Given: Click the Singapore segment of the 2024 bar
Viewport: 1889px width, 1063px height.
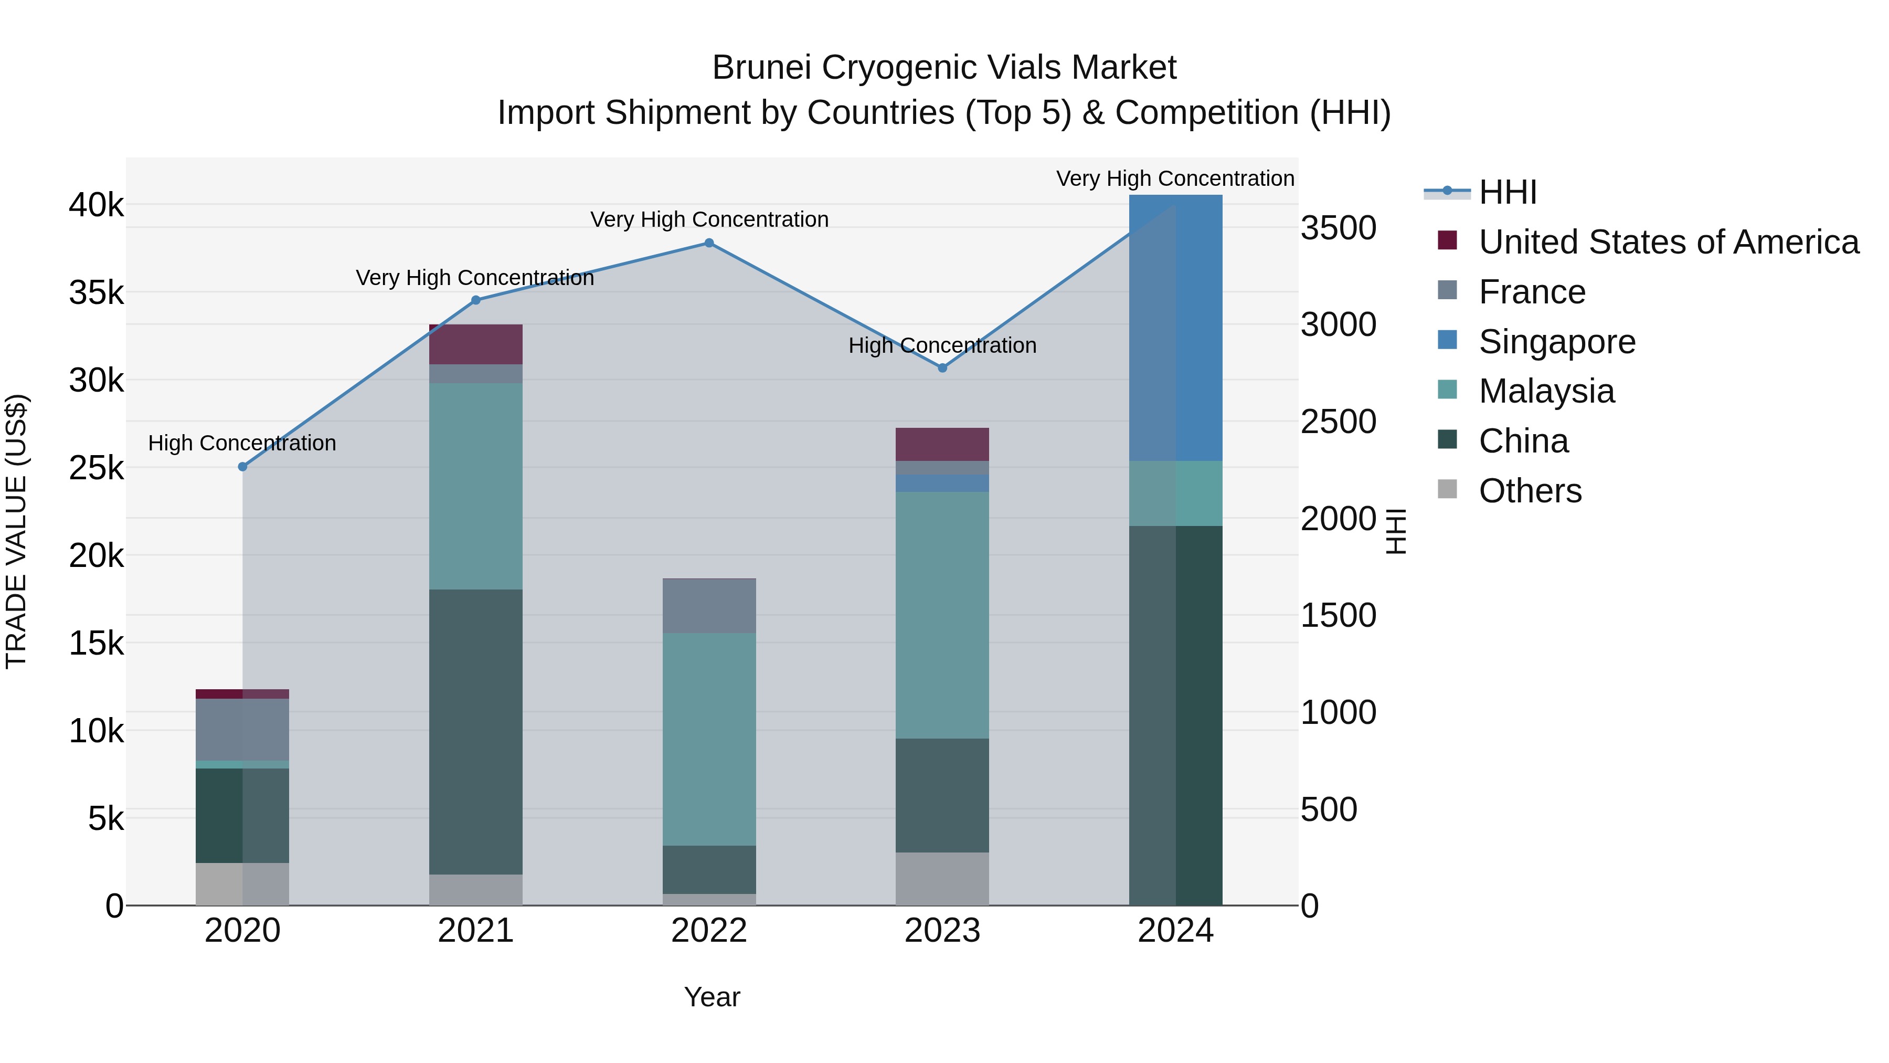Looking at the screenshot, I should pyautogui.click(x=1175, y=328).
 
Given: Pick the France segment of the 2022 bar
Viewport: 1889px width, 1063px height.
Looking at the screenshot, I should pyautogui.click(x=709, y=606).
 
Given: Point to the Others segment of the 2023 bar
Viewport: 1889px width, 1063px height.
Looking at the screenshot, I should pyautogui.click(x=942, y=878).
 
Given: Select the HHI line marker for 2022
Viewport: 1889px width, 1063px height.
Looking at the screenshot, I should pyautogui.click(x=709, y=243).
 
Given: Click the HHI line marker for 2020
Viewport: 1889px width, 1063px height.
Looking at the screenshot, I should pyautogui.click(x=243, y=467).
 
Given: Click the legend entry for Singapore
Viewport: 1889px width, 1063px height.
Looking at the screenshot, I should pyautogui.click(x=1557, y=342).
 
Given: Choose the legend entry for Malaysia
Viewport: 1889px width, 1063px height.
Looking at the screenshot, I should pyautogui.click(x=1546, y=391).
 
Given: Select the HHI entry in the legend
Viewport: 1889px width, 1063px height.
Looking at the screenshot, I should pyautogui.click(x=1508, y=192).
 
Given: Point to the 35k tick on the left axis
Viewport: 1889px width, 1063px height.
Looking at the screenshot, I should pyautogui.click(x=97, y=293).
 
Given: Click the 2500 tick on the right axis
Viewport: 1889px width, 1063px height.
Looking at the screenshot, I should pyautogui.click(x=1338, y=422).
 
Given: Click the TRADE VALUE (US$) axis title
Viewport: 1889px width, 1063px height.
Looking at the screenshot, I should pyautogui.click(x=16, y=531).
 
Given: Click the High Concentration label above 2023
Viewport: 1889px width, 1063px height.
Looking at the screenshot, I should pyautogui.click(x=942, y=345).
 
